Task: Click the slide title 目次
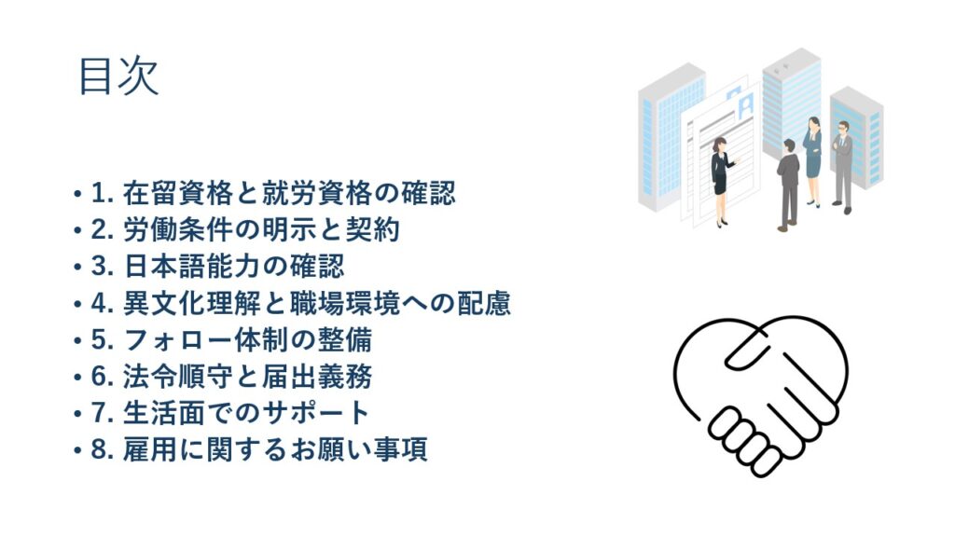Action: click(x=118, y=76)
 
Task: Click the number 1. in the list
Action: click(x=103, y=194)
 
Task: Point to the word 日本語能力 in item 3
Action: click(x=192, y=267)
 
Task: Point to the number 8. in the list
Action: click(x=103, y=449)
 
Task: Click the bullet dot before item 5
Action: click(x=77, y=341)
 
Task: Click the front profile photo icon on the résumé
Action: click(x=745, y=106)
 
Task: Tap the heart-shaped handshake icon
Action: click(x=761, y=395)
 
